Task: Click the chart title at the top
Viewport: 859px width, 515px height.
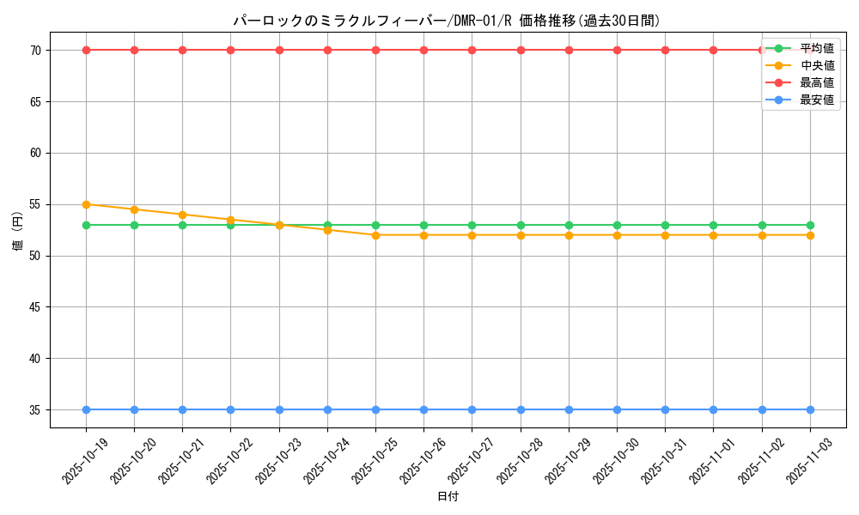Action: click(447, 21)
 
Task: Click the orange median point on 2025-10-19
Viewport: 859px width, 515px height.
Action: click(86, 204)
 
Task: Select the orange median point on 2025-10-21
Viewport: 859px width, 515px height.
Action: click(182, 215)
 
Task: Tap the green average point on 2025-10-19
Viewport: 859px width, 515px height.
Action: click(86, 225)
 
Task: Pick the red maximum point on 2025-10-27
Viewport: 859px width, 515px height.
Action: click(472, 50)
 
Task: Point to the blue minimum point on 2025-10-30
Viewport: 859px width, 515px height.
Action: click(617, 410)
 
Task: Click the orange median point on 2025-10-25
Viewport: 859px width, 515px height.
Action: click(375, 235)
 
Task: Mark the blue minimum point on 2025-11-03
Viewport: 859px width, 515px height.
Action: click(810, 410)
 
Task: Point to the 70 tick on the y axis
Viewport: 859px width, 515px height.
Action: click(36, 50)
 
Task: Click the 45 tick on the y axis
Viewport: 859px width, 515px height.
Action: click(36, 307)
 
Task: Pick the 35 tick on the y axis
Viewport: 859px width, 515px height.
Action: click(36, 410)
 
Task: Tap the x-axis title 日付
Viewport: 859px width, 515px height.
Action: click(448, 497)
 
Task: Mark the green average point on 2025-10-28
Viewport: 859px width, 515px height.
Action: click(521, 225)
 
